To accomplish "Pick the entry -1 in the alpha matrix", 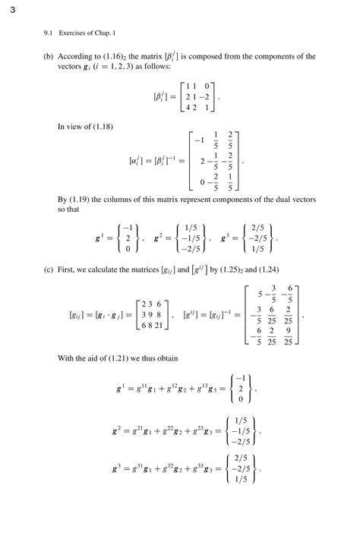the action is tap(201, 141).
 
